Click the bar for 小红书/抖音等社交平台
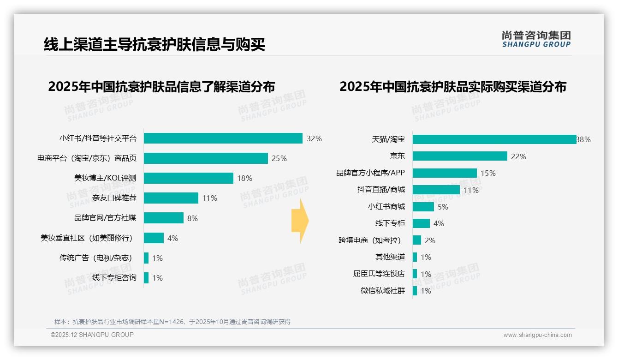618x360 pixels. [x=223, y=138]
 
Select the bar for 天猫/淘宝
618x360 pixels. [x=494, y=139]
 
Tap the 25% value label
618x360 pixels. [x=279, y=158]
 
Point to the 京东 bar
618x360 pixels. [x=460, y=156]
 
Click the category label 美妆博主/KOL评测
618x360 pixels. [x=105, y=178]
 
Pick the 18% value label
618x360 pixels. [x=244, y=178]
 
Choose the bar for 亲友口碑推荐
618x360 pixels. [x=171, y=198]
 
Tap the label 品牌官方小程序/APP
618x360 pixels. [x=370, y=173]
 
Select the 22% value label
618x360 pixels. [x=518, y=156]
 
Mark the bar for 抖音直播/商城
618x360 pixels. [x=436, y=190]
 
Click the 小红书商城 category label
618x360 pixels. [x=386, y=207]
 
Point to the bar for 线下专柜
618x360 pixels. [x=421, y=223]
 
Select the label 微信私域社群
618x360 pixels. [x=383, y=291]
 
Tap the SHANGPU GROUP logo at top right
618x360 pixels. [x=536, y=39]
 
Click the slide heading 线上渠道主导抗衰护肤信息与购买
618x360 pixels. [x=154, y=44]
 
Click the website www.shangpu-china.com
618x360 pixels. [x=537, y=335]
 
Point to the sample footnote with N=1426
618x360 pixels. [x=172, y=322]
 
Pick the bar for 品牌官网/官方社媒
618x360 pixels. [x=163, y=218]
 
